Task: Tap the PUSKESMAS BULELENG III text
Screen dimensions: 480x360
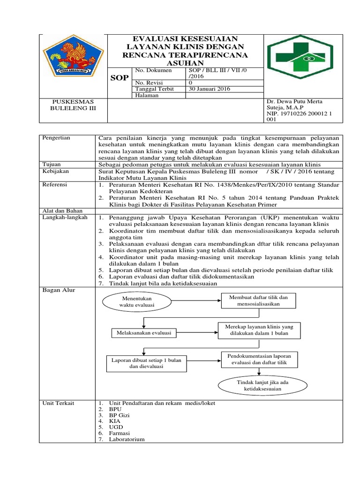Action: (73, 105)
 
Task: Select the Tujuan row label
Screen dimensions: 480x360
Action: (52, 165)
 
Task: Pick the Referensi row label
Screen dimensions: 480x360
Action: (55, 185)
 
